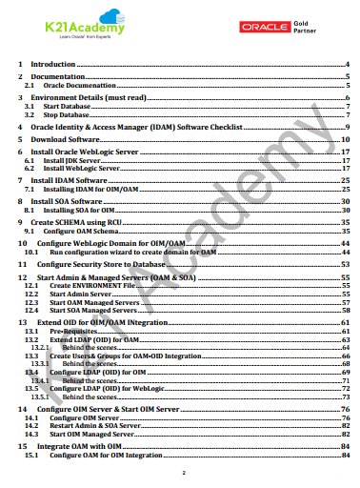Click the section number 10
coord(24,244)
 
